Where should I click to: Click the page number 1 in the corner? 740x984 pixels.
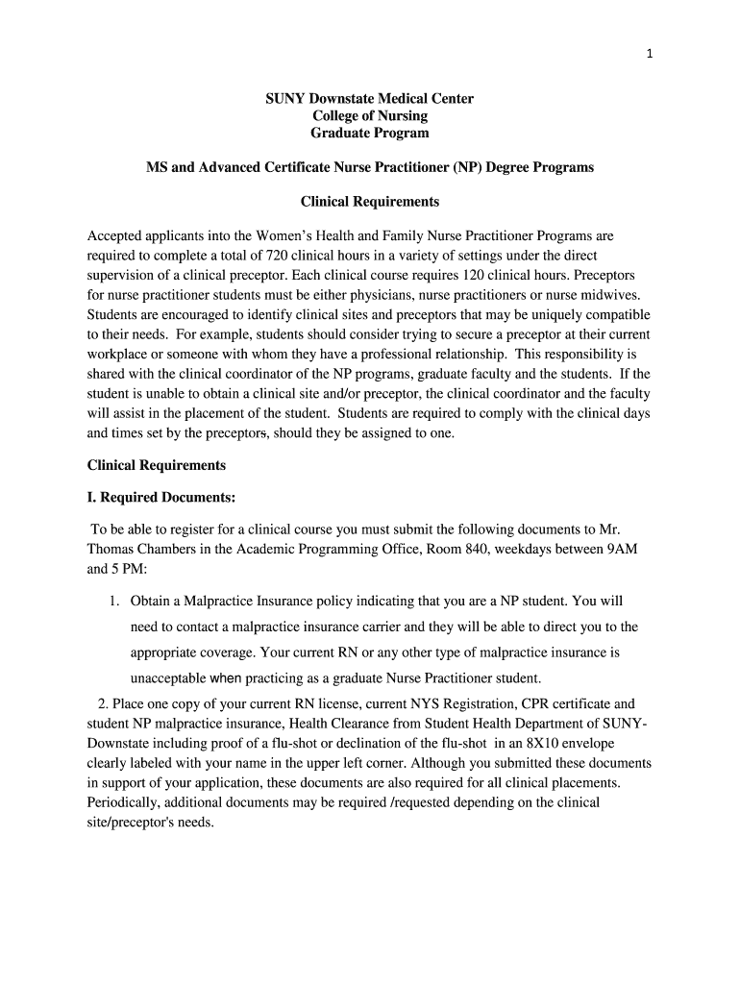(650, 54)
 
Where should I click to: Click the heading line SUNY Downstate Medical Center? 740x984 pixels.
(369, 99)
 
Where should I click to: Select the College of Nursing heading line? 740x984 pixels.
(369, 116)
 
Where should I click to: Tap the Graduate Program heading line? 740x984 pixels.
(369, 134)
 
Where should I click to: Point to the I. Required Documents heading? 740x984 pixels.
(160, 498)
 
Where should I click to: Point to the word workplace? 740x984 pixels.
(119, 355)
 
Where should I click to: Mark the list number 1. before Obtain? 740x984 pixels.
(113, 602)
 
